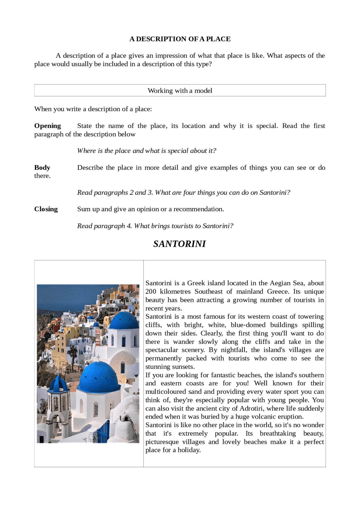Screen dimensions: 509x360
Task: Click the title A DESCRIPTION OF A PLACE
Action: click(180, 39)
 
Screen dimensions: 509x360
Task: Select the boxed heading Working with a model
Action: click(180, 91)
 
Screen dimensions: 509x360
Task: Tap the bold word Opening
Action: click(48, 126)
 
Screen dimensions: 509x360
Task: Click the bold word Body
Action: click(42, 168)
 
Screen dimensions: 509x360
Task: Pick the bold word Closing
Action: click(46, 209)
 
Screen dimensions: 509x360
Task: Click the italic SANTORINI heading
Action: click(179, 244)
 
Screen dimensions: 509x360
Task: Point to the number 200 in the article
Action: click(150, 291)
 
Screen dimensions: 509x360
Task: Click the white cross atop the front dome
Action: click(98, 358)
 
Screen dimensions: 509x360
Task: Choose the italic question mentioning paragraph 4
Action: click(155, 226)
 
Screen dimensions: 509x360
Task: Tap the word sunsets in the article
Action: click(183, 367)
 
